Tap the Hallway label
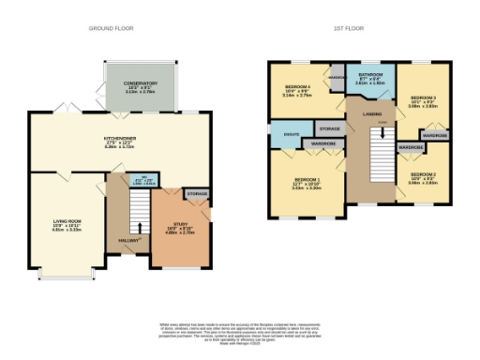128,242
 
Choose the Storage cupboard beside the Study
197,195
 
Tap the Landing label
373,116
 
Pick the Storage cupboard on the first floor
328,128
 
